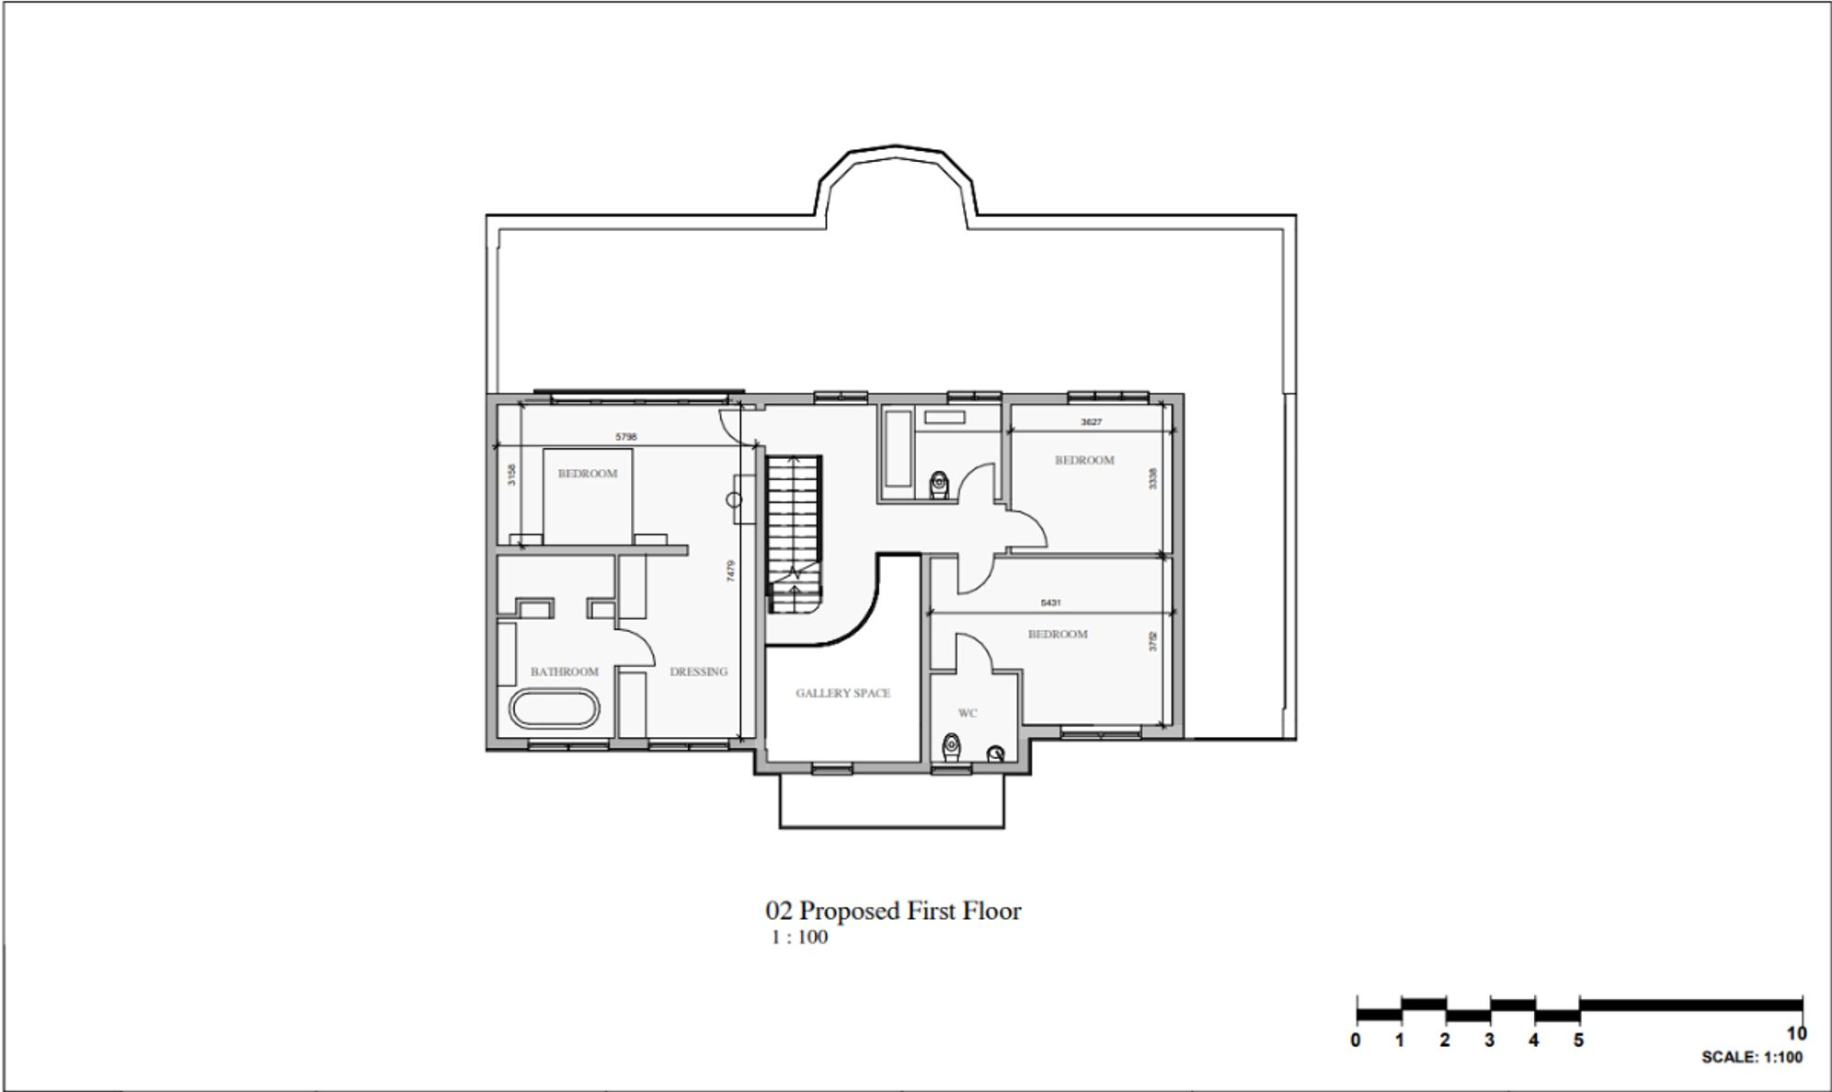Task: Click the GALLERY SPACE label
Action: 842,693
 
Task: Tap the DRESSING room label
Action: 698,672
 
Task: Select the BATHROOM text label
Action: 564,672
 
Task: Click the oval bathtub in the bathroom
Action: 555,708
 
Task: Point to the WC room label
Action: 967,713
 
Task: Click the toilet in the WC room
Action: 952,748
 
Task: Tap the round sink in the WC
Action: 995,754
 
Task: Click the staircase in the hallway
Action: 794,534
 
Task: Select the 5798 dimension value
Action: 625,437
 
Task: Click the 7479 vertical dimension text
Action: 730,571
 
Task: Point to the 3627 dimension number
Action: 1091,422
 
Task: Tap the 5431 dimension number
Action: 1050,603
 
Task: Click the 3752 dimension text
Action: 1153,641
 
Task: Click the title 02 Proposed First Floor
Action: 893,911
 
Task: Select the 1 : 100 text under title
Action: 798,937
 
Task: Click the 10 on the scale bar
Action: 1796,1034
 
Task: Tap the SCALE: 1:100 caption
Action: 1751,1058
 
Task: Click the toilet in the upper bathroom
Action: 939,484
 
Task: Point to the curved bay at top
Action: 896,161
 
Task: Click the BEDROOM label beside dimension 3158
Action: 588,474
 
